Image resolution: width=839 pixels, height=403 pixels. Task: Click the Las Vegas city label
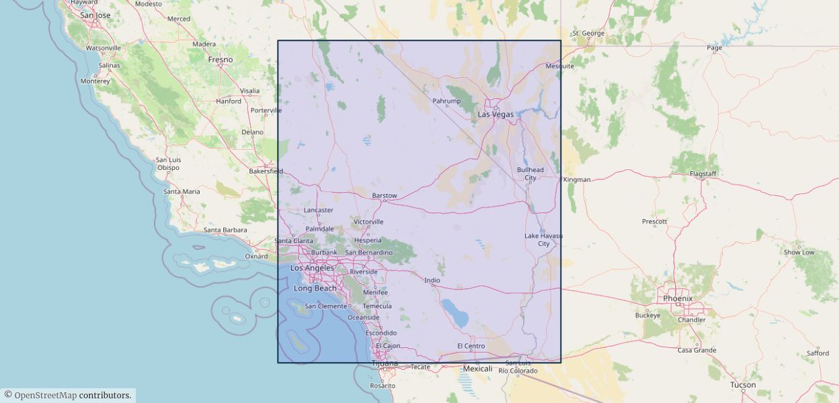(495, 114)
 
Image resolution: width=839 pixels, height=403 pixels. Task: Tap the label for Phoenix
(678, 298)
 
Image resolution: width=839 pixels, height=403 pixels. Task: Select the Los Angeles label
(312, 268)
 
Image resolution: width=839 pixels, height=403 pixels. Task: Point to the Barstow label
(385, 195)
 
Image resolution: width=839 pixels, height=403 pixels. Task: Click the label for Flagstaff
(703, 174)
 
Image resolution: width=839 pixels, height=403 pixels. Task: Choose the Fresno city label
(221, 60)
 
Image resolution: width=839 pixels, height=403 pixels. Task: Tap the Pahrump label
(446, 101)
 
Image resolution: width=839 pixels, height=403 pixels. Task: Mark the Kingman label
(577, 179)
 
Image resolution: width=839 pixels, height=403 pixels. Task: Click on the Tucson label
(743, 385)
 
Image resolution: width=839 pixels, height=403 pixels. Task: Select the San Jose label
(95, 15)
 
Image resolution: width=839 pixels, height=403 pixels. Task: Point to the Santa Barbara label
(225, 230)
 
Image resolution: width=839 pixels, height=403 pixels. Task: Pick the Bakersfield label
(266, 171)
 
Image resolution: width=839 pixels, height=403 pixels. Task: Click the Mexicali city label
(478, 369)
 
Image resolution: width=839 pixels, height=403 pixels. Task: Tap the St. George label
(588, 33)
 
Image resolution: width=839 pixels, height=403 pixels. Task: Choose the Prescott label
(654, 221)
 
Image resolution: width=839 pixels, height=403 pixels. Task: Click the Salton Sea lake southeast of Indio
(454, 313)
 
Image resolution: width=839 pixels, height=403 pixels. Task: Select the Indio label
(432, 280)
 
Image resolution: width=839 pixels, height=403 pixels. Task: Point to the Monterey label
(95, 81)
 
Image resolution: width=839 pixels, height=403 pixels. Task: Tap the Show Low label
(799, 252)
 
